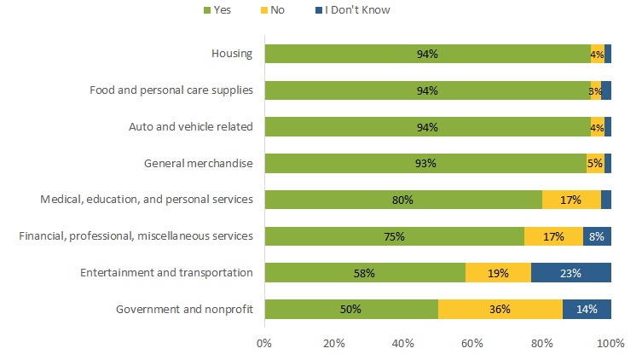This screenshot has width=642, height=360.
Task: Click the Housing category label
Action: pos(232,54)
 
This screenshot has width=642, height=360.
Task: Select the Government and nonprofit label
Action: pos(184,309)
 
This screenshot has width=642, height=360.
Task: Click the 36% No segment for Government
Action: pos(500,309)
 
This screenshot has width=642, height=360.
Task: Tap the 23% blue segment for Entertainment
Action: pos(571,273)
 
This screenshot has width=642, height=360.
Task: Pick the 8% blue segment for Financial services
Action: pos(597,236)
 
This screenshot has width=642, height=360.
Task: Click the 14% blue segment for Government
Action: pos(587,309)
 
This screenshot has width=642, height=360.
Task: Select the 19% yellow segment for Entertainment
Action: pos(498,273)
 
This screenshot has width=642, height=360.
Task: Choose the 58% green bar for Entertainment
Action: pos(365,273)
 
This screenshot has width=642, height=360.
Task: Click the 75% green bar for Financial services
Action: pos(395,236)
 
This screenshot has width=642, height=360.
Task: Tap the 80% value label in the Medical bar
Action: pos(403,200)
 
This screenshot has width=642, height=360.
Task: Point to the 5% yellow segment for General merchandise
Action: pos(595,163)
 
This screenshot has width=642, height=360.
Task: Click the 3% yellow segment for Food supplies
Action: pos(596,90)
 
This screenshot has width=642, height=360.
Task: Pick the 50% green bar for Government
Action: pos(351,309)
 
